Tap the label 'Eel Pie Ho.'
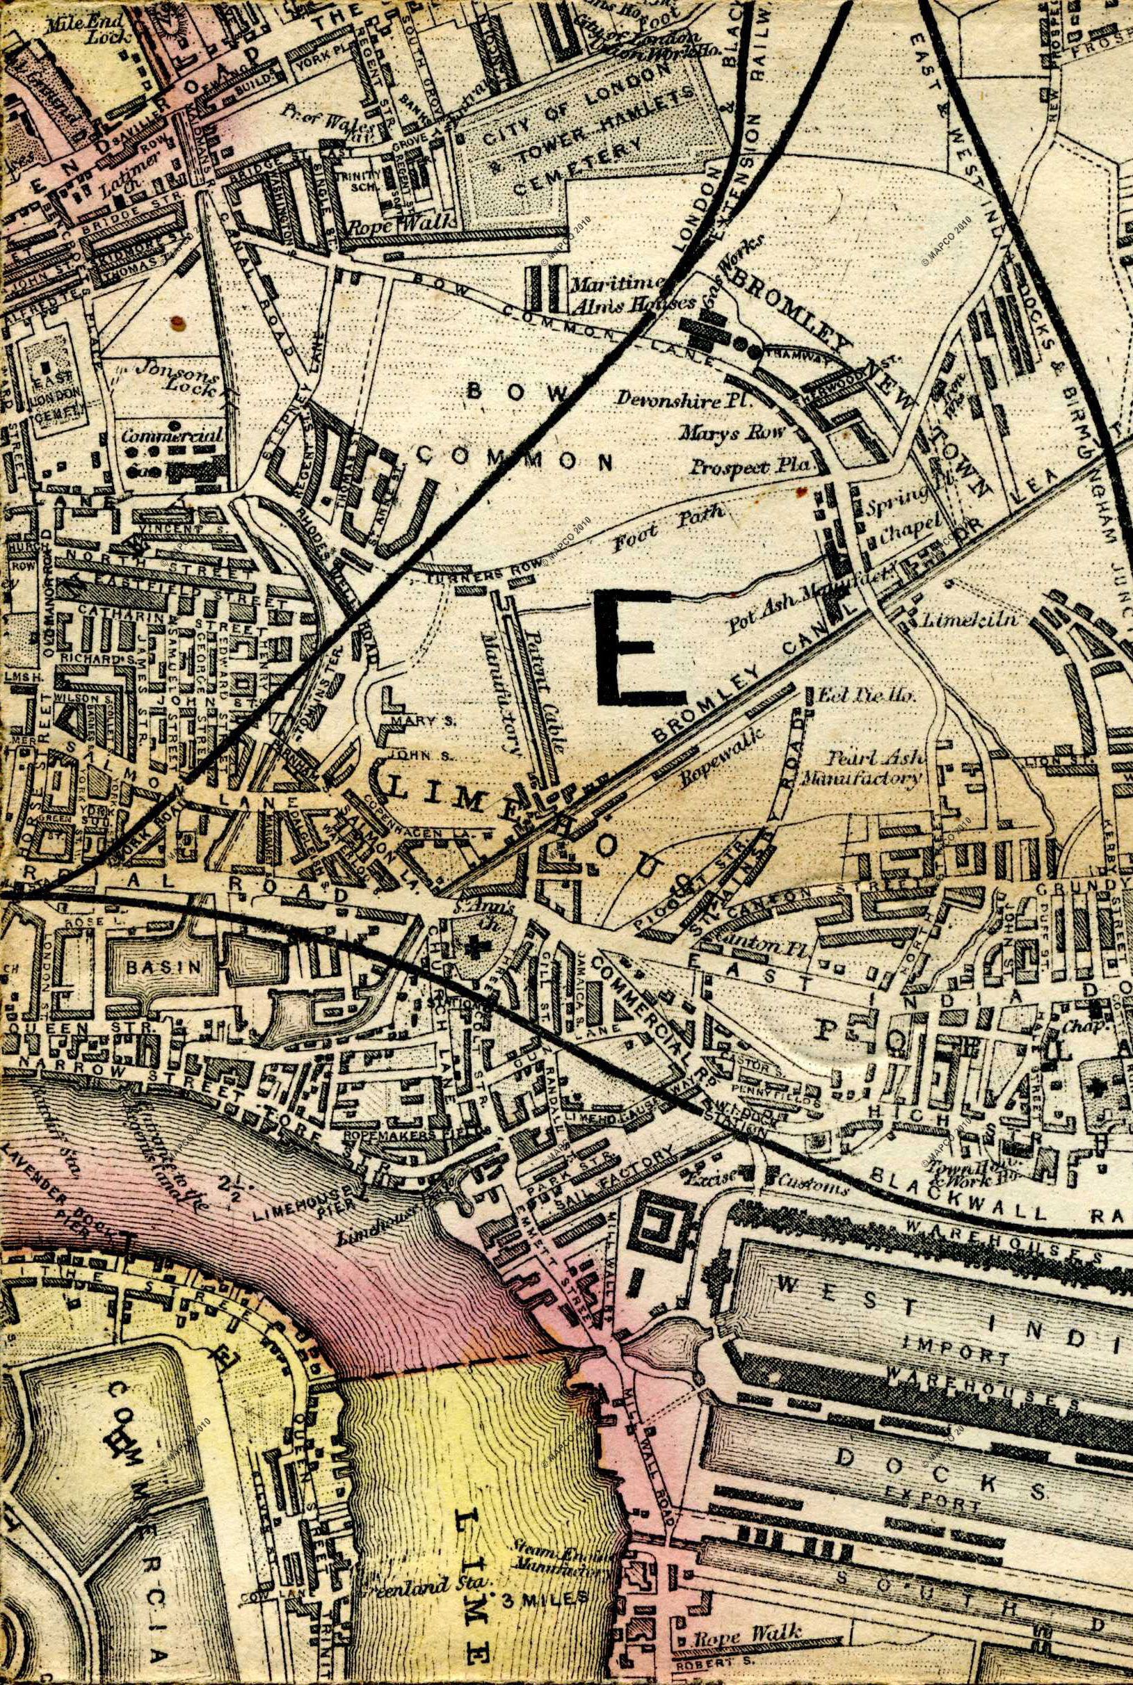(866, 695)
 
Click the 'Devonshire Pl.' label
(680, 398)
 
